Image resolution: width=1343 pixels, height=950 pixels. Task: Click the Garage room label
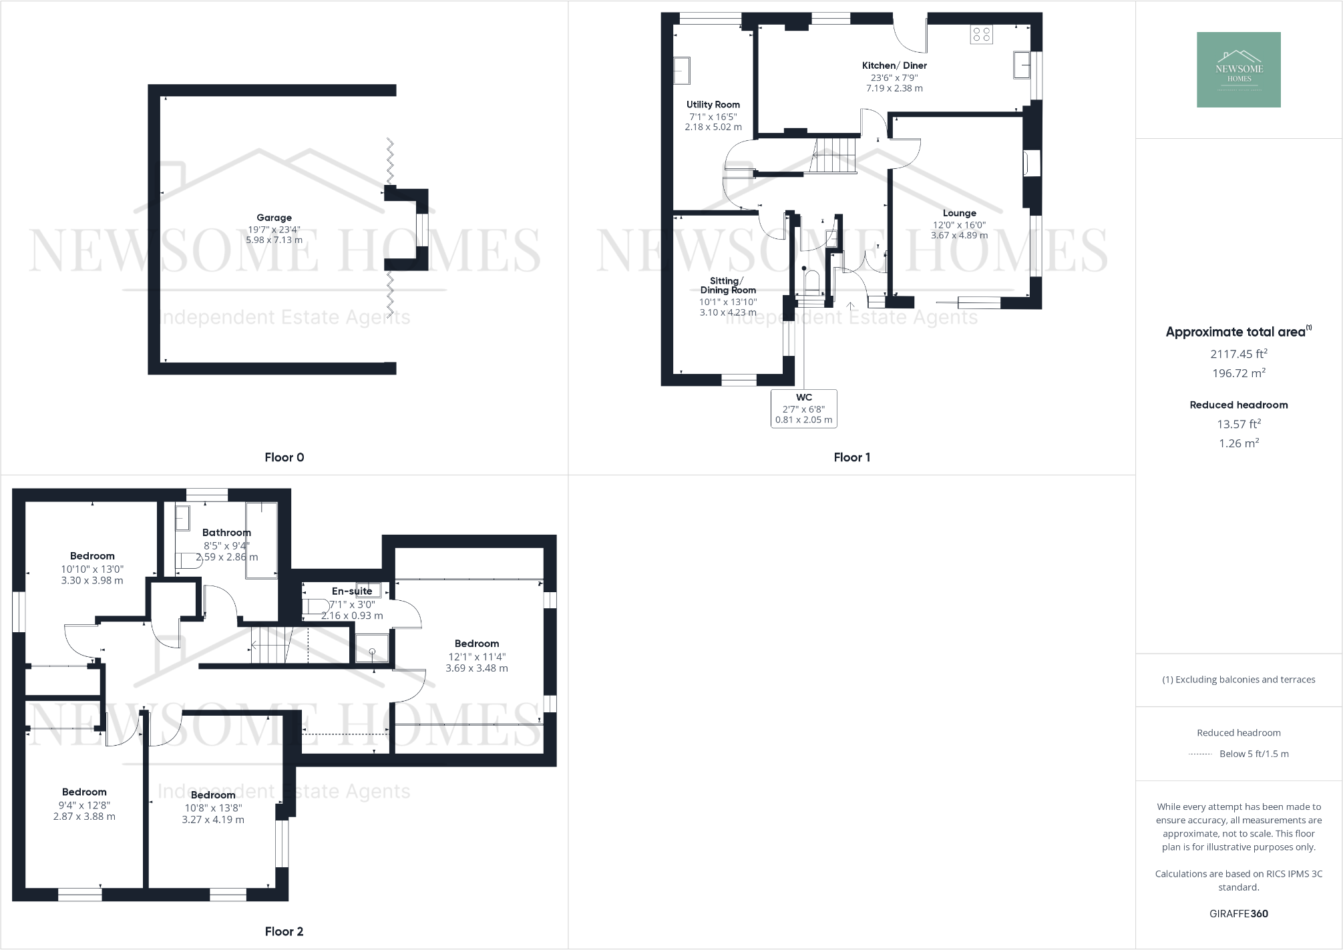tap(274, 218)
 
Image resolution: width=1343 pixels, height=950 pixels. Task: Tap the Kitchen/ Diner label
tap(894, 65)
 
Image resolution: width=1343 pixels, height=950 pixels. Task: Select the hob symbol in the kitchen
tap(982, 34)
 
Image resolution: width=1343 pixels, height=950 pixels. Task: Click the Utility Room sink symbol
tap(681, 71)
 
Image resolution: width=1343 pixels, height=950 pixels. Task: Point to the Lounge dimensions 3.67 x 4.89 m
tap(959, 235)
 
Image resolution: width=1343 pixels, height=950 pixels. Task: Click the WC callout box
tap(803, 409)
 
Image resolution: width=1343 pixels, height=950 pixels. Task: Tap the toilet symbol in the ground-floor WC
tap(811, 282)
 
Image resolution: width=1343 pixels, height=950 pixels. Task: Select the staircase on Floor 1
tap(833, 155)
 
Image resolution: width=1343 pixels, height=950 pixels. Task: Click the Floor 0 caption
tap(284, 457)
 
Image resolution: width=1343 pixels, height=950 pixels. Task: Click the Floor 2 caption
tap(284, 931)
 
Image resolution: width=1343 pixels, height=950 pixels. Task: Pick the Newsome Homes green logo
tap(1238, 69)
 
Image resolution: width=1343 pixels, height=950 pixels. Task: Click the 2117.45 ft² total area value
tap(1238, 354)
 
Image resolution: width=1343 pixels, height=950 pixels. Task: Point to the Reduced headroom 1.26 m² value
tap(1238, 443)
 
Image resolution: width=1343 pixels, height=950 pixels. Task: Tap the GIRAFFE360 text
tap(1238, 914)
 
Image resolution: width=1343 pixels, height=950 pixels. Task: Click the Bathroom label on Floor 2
tap(226, 533)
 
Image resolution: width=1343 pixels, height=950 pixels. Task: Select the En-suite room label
tap(352, 591)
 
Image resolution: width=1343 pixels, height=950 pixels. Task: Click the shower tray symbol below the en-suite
tap(371, 648)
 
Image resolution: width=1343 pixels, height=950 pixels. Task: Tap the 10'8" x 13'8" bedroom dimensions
tap(213, 808)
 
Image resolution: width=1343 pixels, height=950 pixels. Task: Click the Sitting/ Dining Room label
tap(728, 286)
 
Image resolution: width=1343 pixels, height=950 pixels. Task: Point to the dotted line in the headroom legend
tap(1200, 754)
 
